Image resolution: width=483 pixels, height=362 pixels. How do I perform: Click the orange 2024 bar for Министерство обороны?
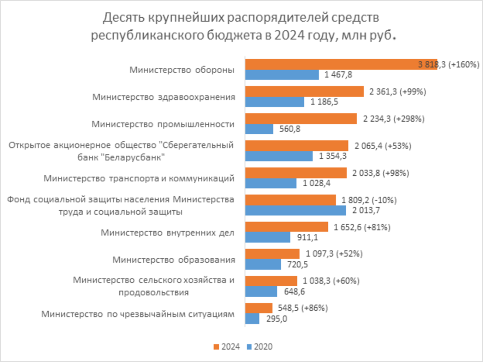tap(341, 64)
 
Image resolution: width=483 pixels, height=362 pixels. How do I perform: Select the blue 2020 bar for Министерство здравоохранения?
tap(275, 102)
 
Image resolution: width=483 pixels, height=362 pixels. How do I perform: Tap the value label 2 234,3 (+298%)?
tap(393, 119)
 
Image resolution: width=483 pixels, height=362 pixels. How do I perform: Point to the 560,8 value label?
tap(290, 129)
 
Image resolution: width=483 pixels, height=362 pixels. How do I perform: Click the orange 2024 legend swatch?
tap(216, 347)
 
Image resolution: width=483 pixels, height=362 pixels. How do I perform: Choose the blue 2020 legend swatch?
tap(249, 347)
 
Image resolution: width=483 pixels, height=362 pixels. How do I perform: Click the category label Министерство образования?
tap(173, 260)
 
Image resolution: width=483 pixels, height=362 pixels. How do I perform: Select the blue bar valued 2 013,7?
tap(296, 210)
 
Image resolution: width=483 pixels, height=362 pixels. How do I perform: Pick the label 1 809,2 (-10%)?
tap(369, 200)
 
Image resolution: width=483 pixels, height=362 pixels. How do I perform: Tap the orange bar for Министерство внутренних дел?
tap(286, 227)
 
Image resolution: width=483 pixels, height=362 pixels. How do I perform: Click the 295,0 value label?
tap(276, 319)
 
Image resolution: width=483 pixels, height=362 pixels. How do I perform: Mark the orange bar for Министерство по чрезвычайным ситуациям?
tap(259, 308)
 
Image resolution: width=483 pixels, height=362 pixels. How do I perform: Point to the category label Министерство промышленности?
tap(163, 124)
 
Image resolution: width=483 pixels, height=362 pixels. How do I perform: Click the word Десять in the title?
tap(123, 18)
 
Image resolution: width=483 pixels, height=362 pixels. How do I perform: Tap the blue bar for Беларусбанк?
tap(279, 156)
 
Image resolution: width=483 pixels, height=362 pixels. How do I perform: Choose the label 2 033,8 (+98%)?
tap(380, 173)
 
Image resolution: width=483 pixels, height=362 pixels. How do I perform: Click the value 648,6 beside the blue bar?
tap(294, 292)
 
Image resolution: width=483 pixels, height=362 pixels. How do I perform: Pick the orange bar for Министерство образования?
tap(272, 254)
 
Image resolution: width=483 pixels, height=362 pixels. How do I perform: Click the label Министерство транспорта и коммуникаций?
tap(139, 178)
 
